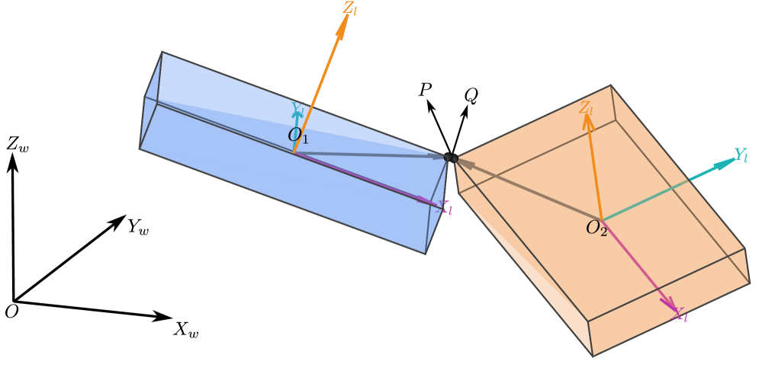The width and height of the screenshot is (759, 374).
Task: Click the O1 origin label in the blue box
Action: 298,136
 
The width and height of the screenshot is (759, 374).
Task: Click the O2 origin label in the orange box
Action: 597,228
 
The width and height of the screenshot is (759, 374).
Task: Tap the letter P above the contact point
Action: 425,90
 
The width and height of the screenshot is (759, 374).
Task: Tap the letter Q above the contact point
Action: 471,95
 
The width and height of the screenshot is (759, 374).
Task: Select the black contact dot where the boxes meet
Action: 450,158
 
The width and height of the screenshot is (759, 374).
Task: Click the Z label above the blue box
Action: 350,10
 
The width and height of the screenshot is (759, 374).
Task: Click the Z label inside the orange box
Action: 586,107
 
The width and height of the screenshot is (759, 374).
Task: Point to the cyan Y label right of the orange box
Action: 740,155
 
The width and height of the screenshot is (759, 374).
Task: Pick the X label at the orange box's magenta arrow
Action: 679,314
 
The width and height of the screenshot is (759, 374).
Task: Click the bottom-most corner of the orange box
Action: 593,356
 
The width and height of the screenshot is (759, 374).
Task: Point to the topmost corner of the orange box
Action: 610,85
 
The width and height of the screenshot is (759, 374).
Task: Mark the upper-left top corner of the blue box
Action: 162,52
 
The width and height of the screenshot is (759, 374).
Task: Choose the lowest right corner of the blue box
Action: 425,254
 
